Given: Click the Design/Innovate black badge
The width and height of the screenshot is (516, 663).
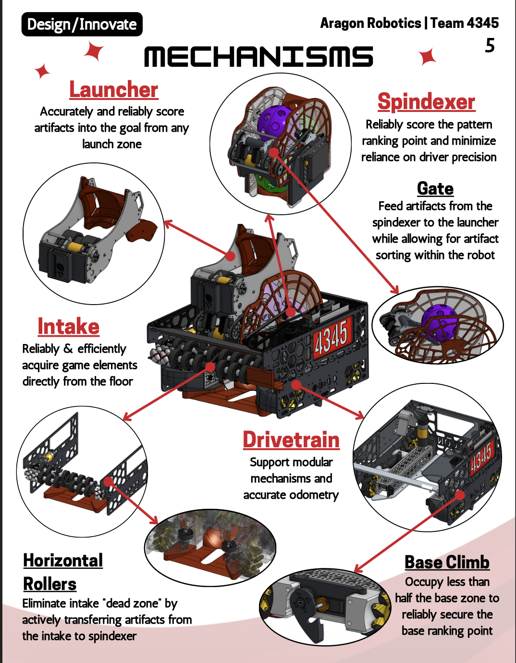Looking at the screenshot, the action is pyautogui.click(x=82, y=25).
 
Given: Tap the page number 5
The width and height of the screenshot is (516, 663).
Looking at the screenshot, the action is pyautogui.click(x=490, y=46).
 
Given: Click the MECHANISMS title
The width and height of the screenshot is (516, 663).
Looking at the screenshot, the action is pyautogui.click(x=258, y=57).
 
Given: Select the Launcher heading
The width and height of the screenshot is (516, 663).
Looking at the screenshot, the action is pyautogui.click(x=114, y=90).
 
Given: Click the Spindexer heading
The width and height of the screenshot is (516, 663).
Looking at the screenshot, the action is pyautogui.click(x=426, y=102).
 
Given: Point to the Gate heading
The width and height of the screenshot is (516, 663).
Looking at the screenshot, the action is pyautogui.click(x=435, y=189).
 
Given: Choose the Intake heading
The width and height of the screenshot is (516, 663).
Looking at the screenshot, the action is pyautogui.click(x=69, y=327).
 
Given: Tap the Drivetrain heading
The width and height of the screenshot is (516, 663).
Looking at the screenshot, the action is pyautogui.click(x=291, y=440).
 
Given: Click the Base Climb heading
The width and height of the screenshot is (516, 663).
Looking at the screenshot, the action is pyautogui.click(x=447, y=562).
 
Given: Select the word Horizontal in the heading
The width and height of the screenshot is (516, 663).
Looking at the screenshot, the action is pyautogui.click(x=63, y=561).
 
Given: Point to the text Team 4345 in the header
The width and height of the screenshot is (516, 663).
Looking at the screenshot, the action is pyautogui.click(x=465, y=23).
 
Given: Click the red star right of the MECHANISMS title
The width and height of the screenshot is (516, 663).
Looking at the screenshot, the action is pyautogui.click(x=427, y=56).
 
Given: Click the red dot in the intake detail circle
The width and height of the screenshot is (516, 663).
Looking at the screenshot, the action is pyautogui.click(x=108, y=482).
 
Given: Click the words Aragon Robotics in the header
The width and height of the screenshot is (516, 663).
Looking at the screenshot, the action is pyautogui.click(x=370, y=23).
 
